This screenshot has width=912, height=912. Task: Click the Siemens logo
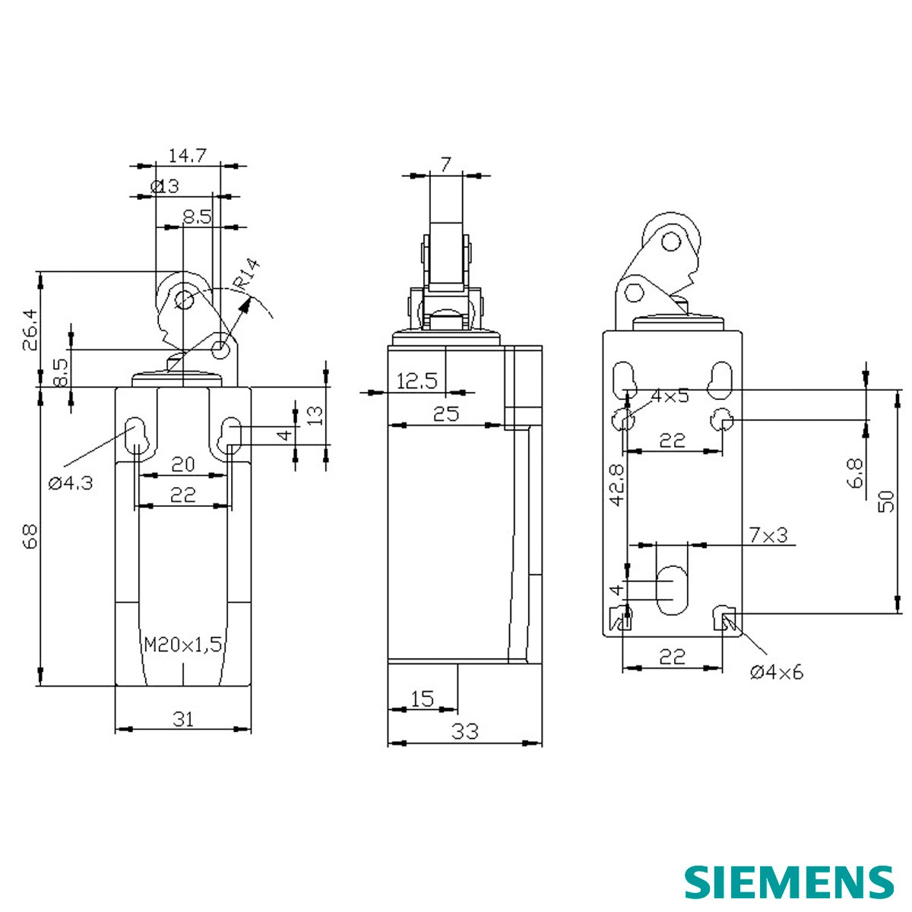pos(788,882)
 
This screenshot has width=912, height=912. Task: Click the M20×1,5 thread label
pos(183,645)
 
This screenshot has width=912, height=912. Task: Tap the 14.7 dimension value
pos(187,156)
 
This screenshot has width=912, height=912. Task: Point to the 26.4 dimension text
pos(29,329)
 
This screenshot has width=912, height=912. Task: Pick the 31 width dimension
pos(182,718)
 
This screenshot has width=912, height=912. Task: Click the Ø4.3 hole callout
pos(71,483)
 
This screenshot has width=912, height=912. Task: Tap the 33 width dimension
pos(465,731)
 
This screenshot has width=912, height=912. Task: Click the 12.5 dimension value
pos(416,381)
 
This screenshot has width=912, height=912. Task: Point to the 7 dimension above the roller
pos(445,164)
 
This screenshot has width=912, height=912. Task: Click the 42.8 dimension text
pos(616,485)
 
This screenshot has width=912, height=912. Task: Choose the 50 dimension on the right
pos(886,501)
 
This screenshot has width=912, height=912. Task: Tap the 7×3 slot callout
pos(768,535)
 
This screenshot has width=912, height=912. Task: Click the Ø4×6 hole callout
pos(776,672)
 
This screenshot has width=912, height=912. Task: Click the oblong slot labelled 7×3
pos(670,590)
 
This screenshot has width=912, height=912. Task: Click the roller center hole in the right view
pos(670,242)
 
